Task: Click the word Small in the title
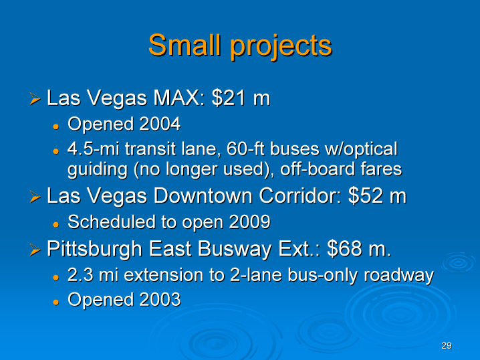tap(185, 45)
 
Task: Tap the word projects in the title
tap(281, 47)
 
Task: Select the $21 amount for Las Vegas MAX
tap(229, 98)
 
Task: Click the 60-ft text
tap(245, 149)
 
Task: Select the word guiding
tap(98, 170)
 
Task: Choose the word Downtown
tap(203, 195)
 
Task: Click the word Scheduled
tap(112, 221)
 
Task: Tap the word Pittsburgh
tap(94, 249)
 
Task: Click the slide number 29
tap(447, 345)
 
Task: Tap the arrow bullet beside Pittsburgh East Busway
tap(35, 250)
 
